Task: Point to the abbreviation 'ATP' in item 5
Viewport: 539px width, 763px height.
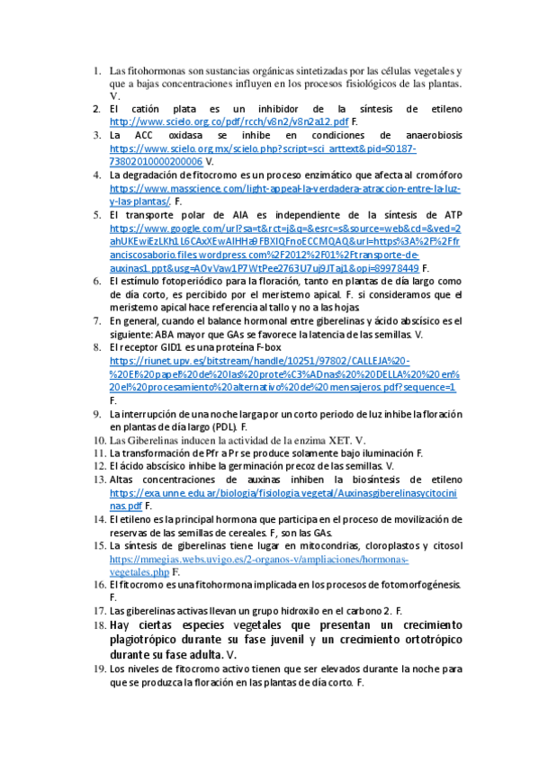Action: point(451,216)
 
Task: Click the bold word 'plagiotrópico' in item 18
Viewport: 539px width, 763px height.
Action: point(147,640)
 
